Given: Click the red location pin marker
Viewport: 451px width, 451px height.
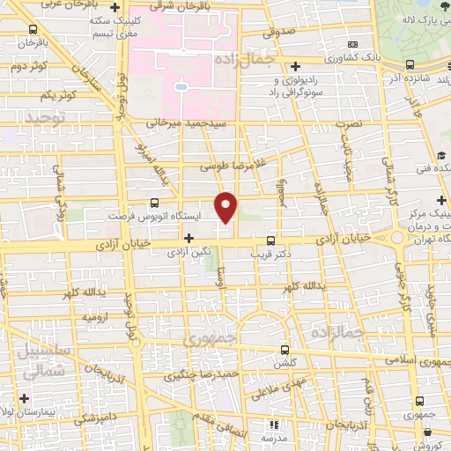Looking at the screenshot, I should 227,207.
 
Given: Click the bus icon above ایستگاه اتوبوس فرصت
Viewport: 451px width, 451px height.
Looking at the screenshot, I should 155,202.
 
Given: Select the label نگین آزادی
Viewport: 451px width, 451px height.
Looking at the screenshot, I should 189,251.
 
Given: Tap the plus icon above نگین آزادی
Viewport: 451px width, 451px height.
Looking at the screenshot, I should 189,238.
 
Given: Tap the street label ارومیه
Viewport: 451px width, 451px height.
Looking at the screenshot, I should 95,315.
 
